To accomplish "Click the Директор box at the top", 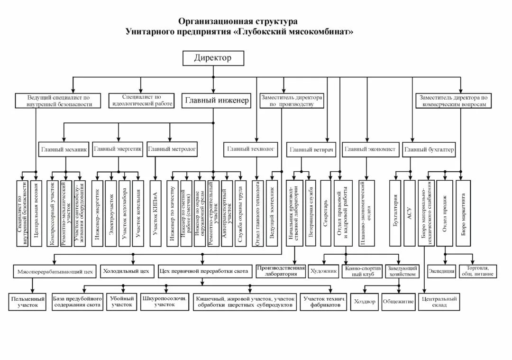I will (x=213, y=58).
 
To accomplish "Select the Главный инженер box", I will (x=217, y=101).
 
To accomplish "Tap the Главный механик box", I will (x=64, y=149).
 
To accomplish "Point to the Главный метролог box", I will (x=172, y=149).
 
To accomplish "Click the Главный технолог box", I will (x=251, y=149).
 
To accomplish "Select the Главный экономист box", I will (x=370, y=149).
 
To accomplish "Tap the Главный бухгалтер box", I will (x=430, y=150).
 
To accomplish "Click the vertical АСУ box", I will (x=409, y=212).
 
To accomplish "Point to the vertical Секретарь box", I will (x=326, y=212).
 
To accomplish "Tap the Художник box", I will (x=323, y=272).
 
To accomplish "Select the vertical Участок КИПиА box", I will (x=156, y=212).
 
